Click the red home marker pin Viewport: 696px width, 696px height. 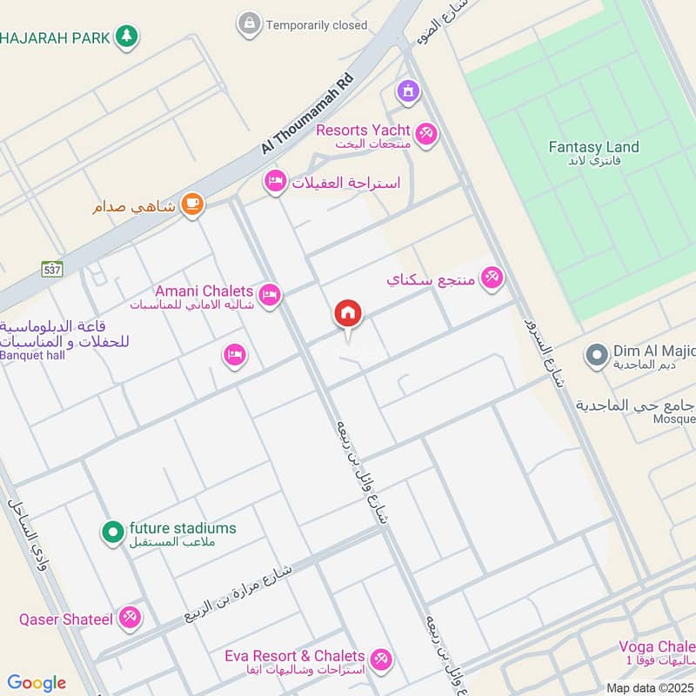click(348, 314)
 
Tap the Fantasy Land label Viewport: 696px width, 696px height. click(593, 147)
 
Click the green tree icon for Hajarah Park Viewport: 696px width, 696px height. click(127, 37)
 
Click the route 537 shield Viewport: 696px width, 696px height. click(51, 269)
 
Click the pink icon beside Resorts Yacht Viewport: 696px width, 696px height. click(426, 133)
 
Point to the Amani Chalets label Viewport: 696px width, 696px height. click(204, 291)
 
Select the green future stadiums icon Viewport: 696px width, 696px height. click(112, 531)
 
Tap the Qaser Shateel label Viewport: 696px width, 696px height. click(66, 619)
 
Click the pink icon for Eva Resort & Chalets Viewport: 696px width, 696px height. click(379, 659)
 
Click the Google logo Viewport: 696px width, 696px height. click(37, 683)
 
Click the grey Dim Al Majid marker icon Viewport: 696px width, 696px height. click(596, 354)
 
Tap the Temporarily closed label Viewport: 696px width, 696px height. click(317, 25)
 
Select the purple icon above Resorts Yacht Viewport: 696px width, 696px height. click(407, 90)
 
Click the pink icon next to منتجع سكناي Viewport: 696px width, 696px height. click(492, 278)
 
